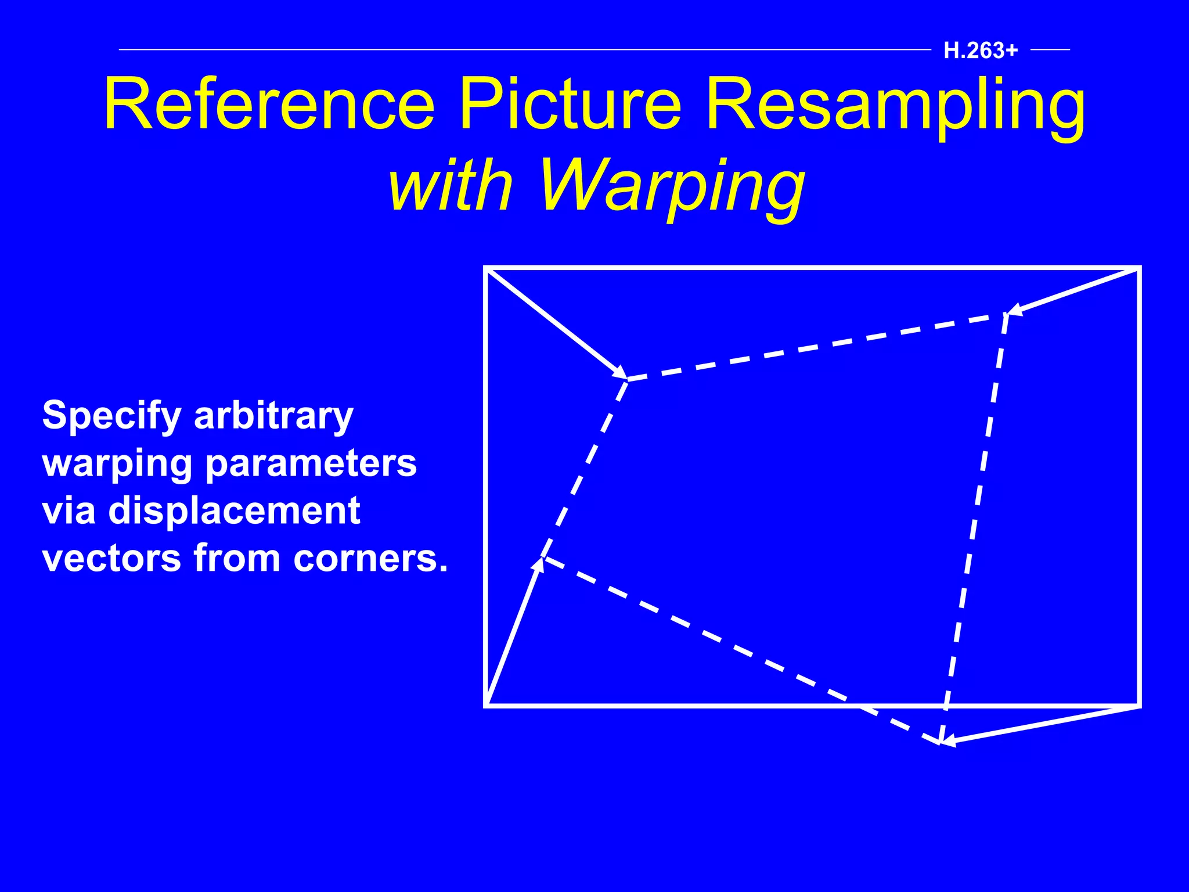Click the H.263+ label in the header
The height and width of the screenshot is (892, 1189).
coord(981,51)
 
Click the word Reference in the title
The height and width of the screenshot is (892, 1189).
coord(269,105)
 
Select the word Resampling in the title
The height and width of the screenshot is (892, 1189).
coord(895,107)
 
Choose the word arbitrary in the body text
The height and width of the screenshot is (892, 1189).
coord(273,417)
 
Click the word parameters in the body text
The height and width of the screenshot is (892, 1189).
coord(311,465)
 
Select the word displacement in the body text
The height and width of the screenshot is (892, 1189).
coord(235,511)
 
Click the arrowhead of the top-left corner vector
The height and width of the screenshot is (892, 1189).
coord(621,373)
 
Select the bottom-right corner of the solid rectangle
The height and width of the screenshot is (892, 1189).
coord(1139,706)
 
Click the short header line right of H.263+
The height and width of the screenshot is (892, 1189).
coord(1050,50)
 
